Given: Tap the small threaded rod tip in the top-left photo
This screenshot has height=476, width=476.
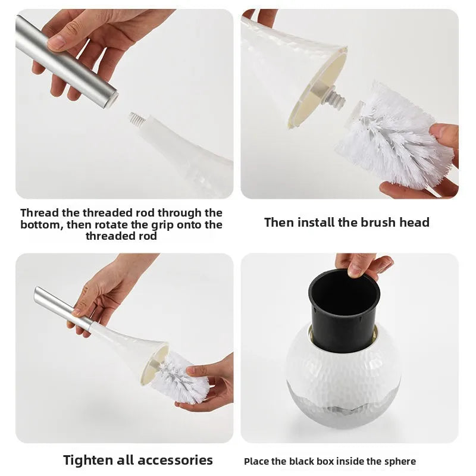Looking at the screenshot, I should pyautogui.click(x=137, y=119).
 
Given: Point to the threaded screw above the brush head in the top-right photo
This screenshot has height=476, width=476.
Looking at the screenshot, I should pyautogui.click(x=333, y=98).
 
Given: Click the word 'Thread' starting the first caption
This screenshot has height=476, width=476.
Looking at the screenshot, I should pyautogui.click(x=40, y=212).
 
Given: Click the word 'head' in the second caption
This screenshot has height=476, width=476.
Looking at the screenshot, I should pyautogui.click(x=414, y=223).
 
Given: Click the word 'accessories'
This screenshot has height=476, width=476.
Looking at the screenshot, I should pyautogui.click(x=175, y=460).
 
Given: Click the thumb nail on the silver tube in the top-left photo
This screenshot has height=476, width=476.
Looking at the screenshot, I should pyautogui.click(x=57, y=41).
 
